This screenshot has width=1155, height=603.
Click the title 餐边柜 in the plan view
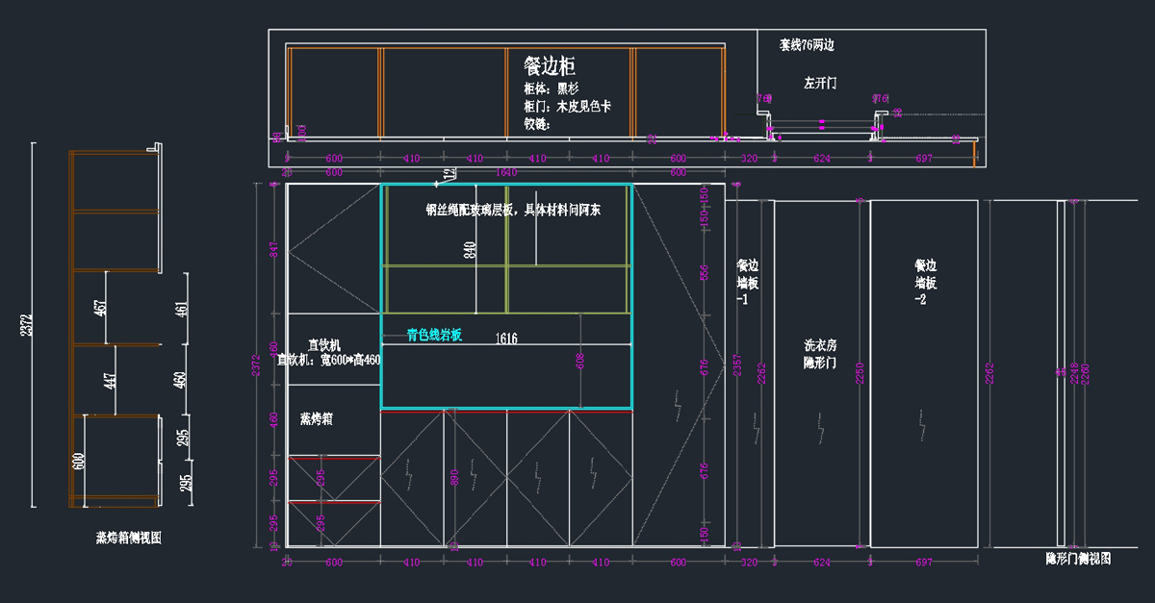pos(550,65)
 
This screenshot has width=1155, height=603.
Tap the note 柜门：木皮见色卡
pos(567,107)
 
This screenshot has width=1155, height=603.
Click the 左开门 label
pos(820,84)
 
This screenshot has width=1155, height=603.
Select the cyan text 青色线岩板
pos(434,336)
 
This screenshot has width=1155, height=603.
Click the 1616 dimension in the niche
pos(506,339)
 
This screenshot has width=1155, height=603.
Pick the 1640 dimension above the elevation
pos(506,173)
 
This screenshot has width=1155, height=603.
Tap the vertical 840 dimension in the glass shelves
pos(471,251)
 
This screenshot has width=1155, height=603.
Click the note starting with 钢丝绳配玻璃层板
pos(513,210)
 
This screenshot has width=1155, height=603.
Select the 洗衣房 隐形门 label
pos(821,353)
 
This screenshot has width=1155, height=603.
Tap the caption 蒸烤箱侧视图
pos(128,538)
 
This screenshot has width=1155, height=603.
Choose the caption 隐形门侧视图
pos(1078,559)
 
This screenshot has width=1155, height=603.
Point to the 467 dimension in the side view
pos(100,309)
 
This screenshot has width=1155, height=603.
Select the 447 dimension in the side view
pos(111,380)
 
